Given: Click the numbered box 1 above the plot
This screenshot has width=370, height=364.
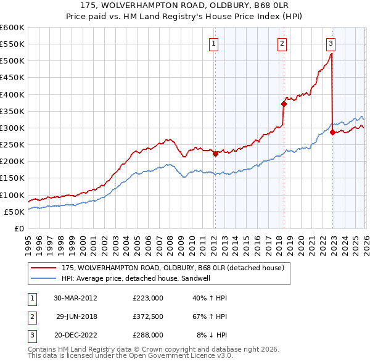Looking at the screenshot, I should (x=213, y=43).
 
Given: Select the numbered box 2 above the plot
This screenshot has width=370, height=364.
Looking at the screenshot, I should (x=282, y=43).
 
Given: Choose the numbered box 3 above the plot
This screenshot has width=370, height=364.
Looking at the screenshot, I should (x=331, y=43).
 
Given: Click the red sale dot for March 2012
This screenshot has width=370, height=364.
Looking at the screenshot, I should (x=215, y=154).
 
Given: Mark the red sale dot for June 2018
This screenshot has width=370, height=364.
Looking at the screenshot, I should (x=284, y=104).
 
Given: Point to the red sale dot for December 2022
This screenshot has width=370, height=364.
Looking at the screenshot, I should (x=332, y=132).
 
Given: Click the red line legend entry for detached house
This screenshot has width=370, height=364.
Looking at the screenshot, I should (x=172, y=268).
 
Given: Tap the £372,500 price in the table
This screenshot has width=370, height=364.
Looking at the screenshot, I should (x=148, y=316).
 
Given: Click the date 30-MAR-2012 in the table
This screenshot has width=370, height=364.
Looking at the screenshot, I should (x=75, y=298).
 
